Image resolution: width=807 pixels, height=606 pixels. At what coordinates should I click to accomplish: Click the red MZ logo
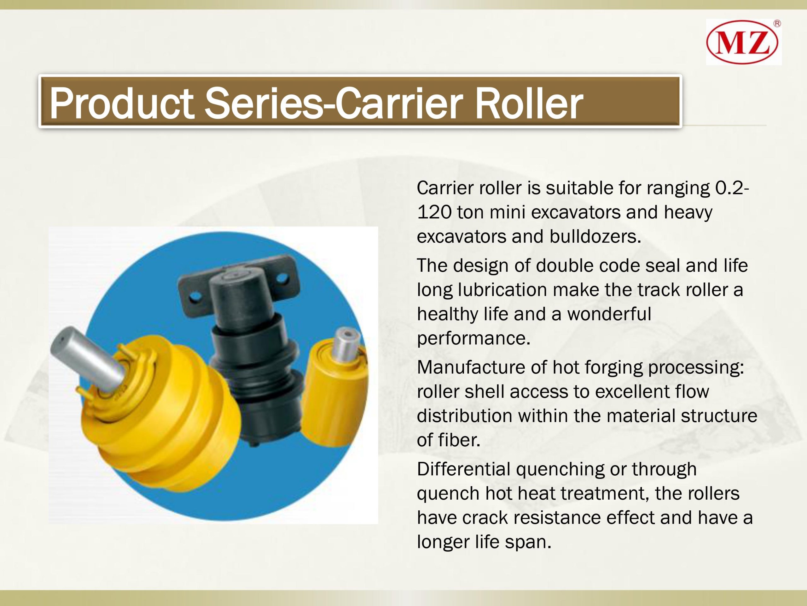pos(742,43)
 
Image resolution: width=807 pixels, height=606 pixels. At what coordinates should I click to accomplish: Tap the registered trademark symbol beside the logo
pos(777,24)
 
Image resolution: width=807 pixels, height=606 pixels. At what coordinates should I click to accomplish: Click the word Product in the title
pos(121,104)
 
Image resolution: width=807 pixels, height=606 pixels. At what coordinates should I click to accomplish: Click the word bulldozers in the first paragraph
pos(595,236)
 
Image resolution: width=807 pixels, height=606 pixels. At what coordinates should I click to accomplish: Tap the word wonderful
pos(609,314)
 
